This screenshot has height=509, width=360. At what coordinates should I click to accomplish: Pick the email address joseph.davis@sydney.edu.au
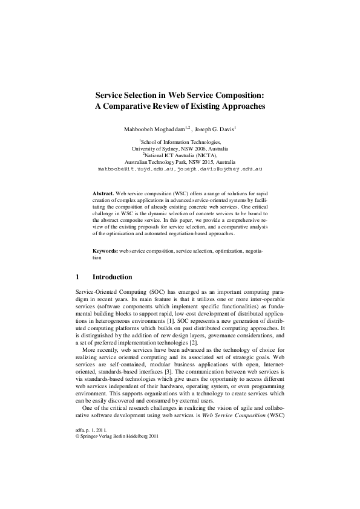tap(219, 169)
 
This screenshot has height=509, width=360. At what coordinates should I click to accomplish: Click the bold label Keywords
tap(105, 250)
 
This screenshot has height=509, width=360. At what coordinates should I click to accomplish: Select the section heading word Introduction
tap(112, 277)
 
